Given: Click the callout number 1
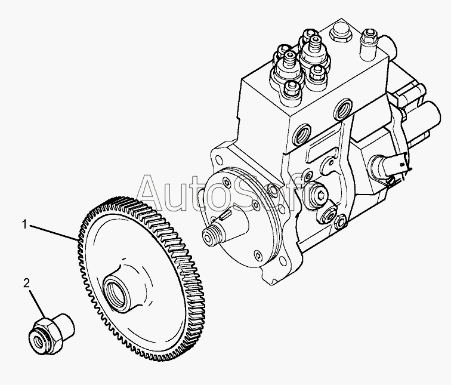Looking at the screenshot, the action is coord(24,224).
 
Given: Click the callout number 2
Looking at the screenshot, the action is coord(26,283).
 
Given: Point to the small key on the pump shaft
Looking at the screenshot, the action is coord(225,215).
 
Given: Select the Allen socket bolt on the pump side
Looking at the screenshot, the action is coord(320,196).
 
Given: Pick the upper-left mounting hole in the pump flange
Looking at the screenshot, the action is coord(220,161).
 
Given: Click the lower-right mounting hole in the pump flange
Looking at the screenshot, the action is coord(284,261).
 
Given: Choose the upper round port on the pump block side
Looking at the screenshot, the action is coord(343,109).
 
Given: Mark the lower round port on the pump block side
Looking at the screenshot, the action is coord(301,134).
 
